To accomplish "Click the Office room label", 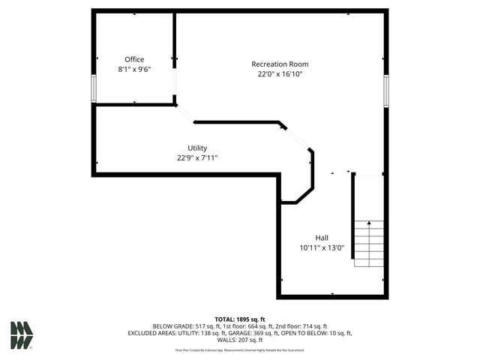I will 134,59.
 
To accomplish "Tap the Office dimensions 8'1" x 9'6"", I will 134,69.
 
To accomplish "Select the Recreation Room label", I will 280,64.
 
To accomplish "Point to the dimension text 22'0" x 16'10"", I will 280,74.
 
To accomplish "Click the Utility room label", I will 197,148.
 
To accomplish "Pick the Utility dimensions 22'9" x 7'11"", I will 197,157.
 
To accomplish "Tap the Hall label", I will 321,238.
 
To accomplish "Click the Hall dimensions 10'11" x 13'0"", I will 321,247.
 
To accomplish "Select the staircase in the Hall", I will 369,244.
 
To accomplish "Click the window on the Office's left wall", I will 94,88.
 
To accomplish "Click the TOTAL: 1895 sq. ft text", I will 240,319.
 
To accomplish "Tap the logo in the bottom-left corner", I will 22,335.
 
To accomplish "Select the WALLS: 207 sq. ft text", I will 240,340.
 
